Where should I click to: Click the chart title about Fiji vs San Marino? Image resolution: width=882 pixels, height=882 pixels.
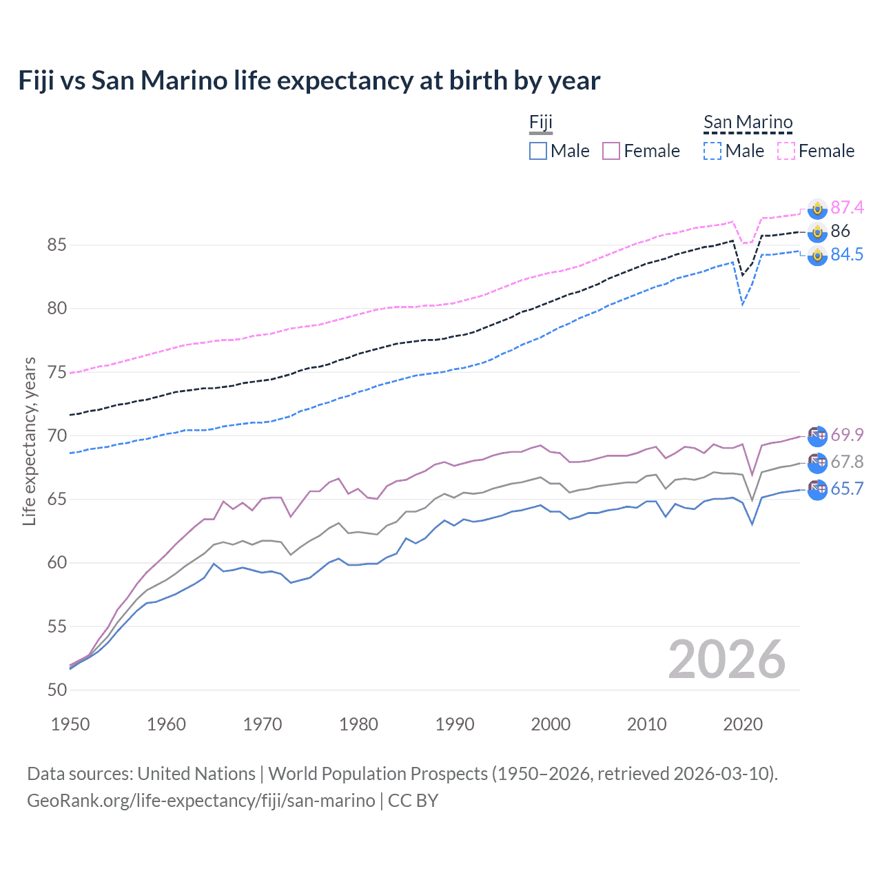pos(309,81)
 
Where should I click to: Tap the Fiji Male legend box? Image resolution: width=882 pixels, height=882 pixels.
pos(538,151)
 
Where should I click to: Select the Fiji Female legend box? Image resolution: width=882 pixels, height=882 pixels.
pos(611,151)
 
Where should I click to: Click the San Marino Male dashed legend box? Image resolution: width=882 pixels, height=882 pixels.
pos(712,151)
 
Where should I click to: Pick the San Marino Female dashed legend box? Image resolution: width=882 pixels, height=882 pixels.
pos(786,151)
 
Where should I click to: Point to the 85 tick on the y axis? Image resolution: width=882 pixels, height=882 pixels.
pos(57,245)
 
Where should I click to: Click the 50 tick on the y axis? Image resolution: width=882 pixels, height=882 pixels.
pos(57,690)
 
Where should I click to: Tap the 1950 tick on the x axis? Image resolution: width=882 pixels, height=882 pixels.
pos(70,724)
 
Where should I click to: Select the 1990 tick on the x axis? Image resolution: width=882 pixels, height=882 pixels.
pos(455,724)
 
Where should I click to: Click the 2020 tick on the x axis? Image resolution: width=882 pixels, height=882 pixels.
pos(743,724)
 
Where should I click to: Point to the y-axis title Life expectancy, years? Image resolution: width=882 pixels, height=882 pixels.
pos(29,441)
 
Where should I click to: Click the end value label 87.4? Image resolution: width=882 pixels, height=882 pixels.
pos(847,207)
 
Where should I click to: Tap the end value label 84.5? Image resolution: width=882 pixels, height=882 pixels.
pos(847,255)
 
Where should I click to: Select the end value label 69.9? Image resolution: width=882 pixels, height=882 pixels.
pos(847,435)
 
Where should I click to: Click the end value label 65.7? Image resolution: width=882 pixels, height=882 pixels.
pos(847,489)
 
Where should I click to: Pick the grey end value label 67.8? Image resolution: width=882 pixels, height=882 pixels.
pos(847,462)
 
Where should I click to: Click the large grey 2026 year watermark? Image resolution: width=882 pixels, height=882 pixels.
pos(727,659)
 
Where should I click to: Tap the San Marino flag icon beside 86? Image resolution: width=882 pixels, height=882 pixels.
pos(817,232)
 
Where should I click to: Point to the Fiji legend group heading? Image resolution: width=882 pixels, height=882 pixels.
pos(541,123)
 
